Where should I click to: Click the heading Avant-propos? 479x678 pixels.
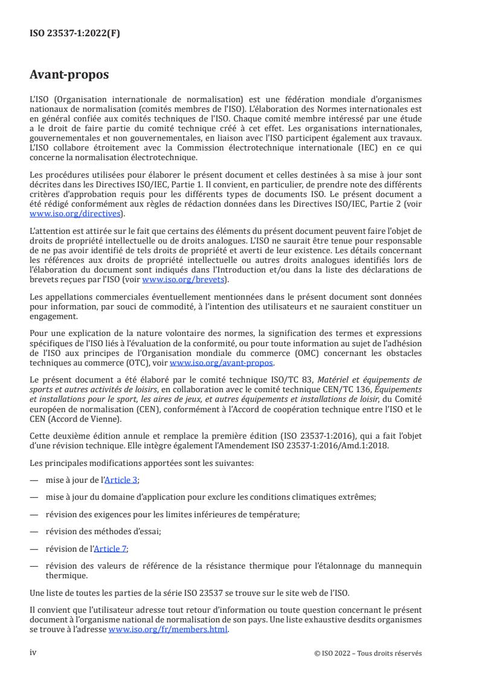pyautogui.click(x=69, y=76)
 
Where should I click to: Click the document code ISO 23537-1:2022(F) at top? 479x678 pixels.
pyautogui.click(x=75, y=34)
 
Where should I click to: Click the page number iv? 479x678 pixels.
pyautogui.click(x=33, y=653)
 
